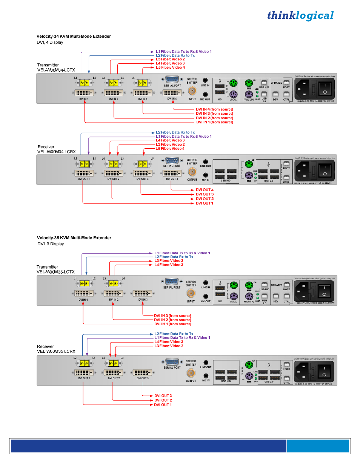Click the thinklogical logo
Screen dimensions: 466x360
click(x=300, y=15)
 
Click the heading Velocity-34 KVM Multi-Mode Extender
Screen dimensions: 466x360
click(x=74, y=36)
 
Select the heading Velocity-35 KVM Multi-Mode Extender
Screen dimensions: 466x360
click(x=74, y=238)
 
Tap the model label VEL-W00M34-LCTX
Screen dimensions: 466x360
click(x=56, y=70)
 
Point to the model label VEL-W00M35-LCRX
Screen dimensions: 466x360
click(x=56, y=351)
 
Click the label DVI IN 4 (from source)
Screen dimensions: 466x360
click(x=214, y=109)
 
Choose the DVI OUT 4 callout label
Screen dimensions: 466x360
click(x=205, y=190)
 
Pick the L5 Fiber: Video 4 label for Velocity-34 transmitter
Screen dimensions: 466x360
click(x=170, y=68)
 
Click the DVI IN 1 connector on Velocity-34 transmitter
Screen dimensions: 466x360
click(x=84, y=93)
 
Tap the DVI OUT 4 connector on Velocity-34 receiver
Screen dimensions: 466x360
click(x=172, y=174)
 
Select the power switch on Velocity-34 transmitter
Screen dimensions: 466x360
click(x=325, y=89)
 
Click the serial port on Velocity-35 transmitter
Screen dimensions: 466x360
click(x=172, y=281)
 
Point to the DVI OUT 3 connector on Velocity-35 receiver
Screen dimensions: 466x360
click(x=142, y=373)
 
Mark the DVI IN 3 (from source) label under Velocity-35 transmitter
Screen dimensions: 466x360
click(x=172, y=316)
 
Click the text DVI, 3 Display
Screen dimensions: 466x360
click(x=51, y=244)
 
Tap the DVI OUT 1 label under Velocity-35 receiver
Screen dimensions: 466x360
click(x=163, y=405)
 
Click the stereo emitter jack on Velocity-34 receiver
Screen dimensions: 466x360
click(x=192, y=172)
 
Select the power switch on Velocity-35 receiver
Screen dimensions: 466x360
click(x=324, y=372)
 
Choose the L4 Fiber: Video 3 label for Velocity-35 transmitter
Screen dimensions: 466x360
click(x=169, y=265)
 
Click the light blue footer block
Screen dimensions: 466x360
click(x=318, y=446)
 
